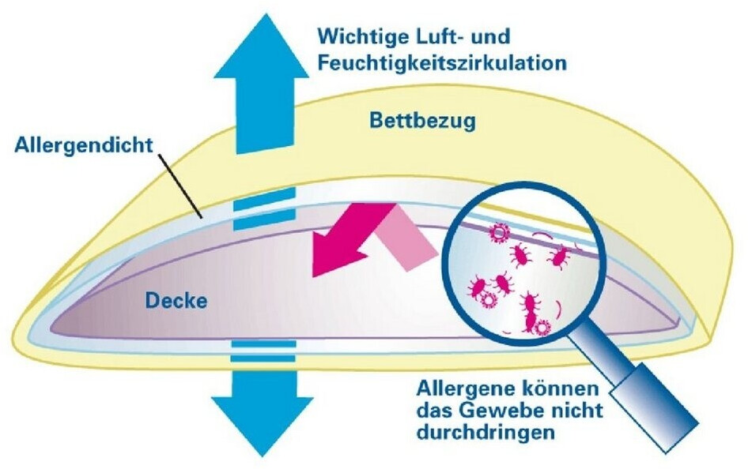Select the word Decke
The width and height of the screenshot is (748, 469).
pyautogui.click(x=176, y=300)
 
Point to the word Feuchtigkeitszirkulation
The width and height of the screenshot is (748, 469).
pyautogui.click(x=441, y=63)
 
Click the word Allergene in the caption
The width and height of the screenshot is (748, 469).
pyautogui.click(x=465, y=389)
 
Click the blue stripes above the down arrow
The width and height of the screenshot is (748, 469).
pyautogui.click(x=262, y=352)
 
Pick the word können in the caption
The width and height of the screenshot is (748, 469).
pyautogui.click(x=561, y=389)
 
